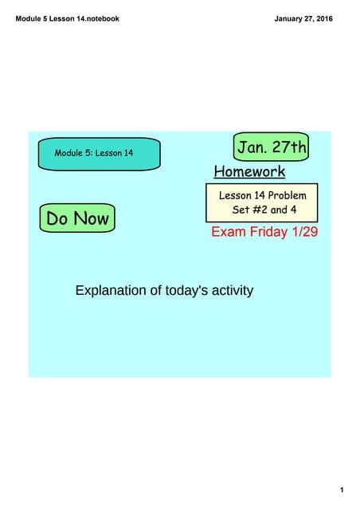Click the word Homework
pyautogui.click(x=249, y=171)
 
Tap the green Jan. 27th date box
pyautogui.click(x=271, y=147)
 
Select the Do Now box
pyautogui.click(x=77, y=218)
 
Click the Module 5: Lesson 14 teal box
pyautogui.click(x=100, y=153)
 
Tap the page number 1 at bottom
pyautogui.click(x=341, y=467)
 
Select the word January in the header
pyautogui.click(x=288, y=18)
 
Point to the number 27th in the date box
pyautogui.click(x=288, y=147)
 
